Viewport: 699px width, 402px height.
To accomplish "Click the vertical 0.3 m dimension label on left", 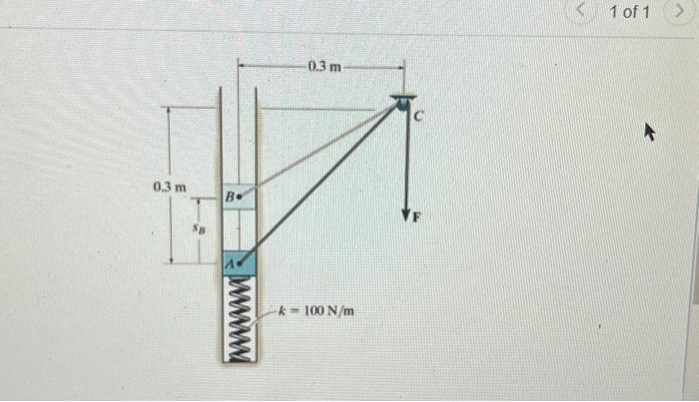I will pos(169,187).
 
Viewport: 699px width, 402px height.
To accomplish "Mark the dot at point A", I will pos(241,262).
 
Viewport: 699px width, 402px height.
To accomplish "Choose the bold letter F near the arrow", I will pos(419,217).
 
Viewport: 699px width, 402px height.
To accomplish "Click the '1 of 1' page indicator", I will pos(629,12).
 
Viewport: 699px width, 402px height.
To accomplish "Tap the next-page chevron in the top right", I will pos(688,12).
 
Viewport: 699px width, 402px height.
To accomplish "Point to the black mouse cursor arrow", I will pos(650,131).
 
